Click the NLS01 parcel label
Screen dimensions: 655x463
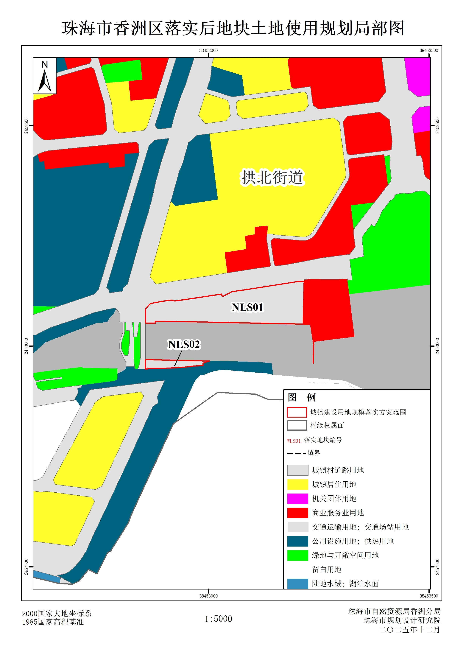(x=247, y=307)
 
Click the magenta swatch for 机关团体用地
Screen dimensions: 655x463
(x=297, y=498)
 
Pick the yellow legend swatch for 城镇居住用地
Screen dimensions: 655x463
(x=297, y=484)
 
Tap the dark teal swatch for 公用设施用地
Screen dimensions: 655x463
(x=297, y=541)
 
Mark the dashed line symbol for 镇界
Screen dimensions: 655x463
(x=296, y=453)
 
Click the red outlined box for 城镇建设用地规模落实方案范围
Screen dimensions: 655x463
(x=297, y=412)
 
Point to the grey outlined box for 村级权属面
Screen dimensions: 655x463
(x=297, y=425)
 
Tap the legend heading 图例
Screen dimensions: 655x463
(x=301, y=397)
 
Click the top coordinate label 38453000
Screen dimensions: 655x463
(x=208, y=51)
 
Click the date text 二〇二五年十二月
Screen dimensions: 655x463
(x=409, y=630)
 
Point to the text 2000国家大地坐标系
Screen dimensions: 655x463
(x=57, y=613)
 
